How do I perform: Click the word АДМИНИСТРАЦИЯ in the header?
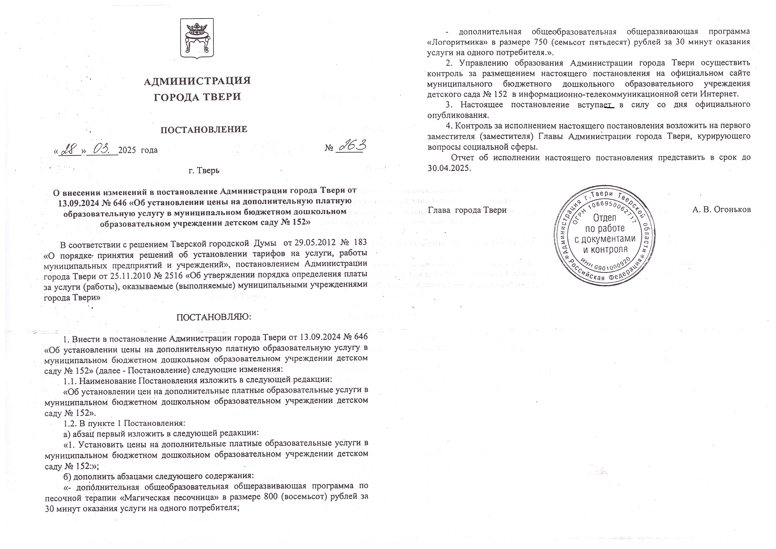(x=197, y=81)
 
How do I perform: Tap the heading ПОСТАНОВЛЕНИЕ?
(x=203, y=129)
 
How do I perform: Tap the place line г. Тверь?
(x=204, y=170)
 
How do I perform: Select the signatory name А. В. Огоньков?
(x=721, y=209)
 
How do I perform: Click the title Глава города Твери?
(x=467, y=210)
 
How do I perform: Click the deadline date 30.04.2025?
(x=448, y=168)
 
